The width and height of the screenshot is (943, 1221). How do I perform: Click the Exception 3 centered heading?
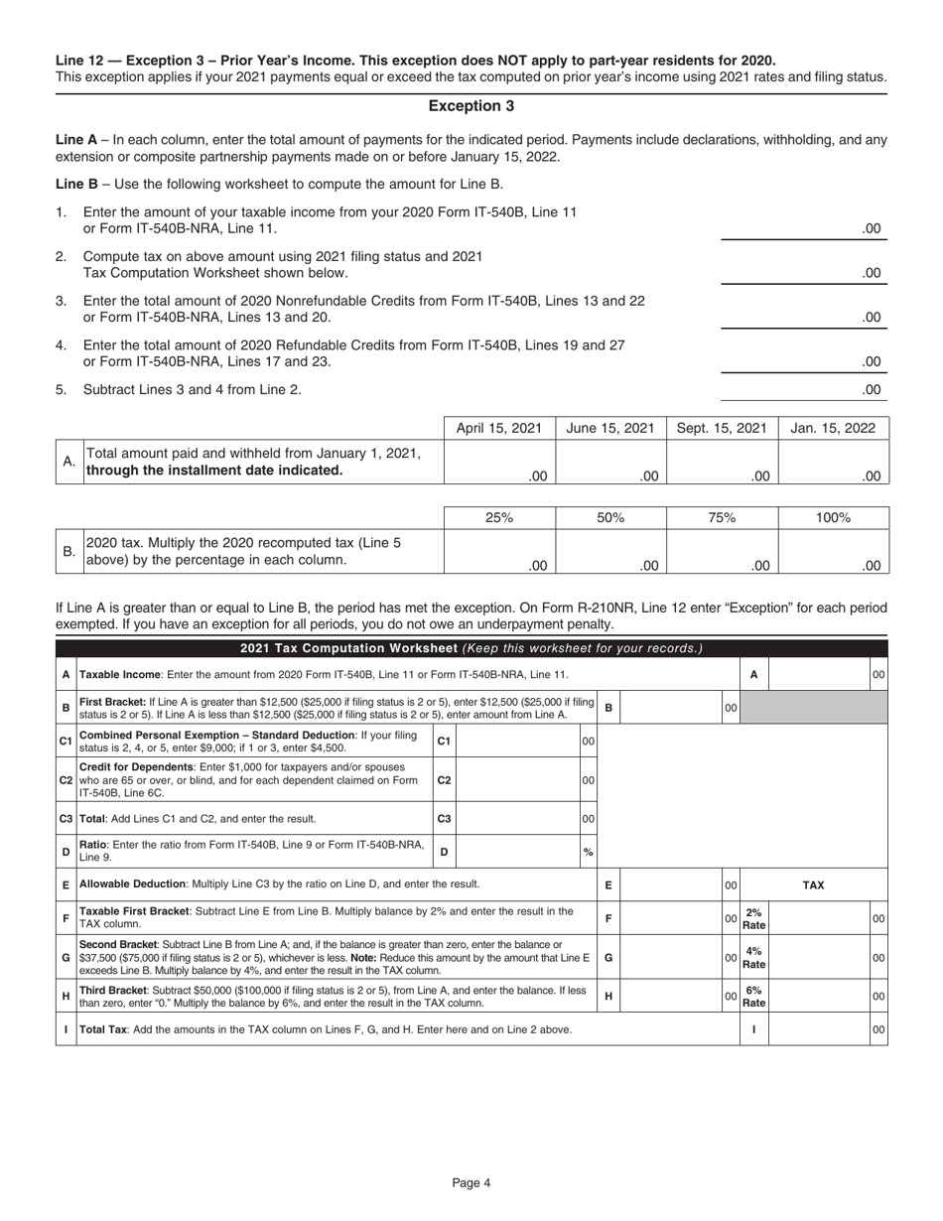tap(471, 105)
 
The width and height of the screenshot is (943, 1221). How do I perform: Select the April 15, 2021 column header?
tap(498, 428)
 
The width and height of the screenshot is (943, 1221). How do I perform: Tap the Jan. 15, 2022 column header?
tap(833, 428)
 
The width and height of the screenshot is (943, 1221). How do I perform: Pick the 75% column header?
tap(722, 517)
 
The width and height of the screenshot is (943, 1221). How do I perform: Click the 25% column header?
tap(498, 517)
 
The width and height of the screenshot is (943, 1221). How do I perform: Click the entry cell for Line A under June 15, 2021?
tap(609, 463)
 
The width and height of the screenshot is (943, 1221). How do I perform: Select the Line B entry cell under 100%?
tap(833, 552)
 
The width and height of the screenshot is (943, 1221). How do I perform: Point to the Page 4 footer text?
tap(471, 1181)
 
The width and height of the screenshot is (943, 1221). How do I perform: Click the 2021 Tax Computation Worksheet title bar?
tap(471, 649)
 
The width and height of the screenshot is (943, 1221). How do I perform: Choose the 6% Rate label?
tap(754, 997)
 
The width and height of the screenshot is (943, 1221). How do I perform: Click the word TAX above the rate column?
tap(813, 883)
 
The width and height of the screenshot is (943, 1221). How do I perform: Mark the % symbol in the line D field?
tap(588, 852)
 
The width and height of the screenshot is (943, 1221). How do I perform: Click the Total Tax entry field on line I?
tap(819, 1029)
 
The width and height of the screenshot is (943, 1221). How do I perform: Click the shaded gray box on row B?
tap(814, 708)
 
